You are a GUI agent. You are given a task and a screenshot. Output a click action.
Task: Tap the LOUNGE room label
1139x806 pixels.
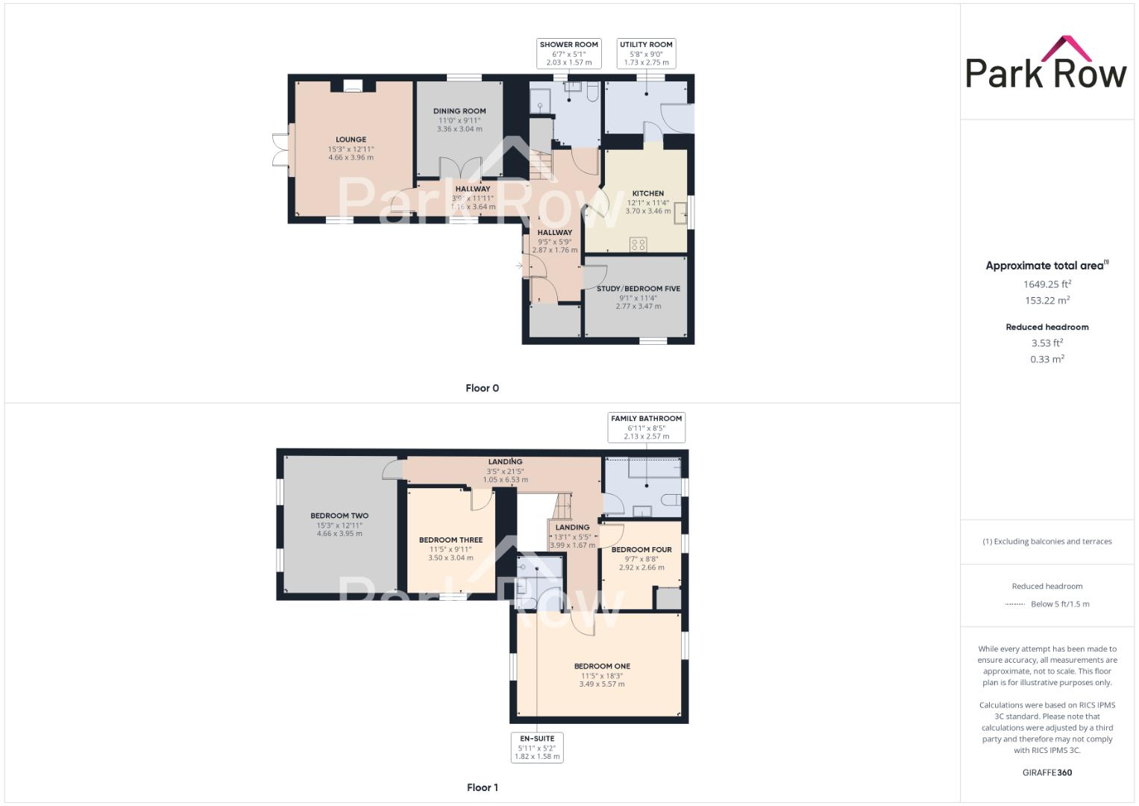pos(351,140)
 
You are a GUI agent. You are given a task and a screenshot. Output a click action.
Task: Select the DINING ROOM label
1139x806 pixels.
pos(459,111)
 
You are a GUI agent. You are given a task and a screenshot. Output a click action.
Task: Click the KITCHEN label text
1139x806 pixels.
pos(647,193)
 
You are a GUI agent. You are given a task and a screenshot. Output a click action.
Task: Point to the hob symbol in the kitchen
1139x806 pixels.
pos(638,243)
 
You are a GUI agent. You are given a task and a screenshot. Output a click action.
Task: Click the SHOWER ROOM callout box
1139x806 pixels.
pos(569,54)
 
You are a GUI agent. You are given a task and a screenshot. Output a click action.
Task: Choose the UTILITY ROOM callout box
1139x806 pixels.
pos(646,54)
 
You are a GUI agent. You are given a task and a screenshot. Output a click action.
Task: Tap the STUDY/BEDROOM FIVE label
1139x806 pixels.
pos(638,289)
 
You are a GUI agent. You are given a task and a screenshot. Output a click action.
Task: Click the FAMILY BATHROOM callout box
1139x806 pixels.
pos(646,428)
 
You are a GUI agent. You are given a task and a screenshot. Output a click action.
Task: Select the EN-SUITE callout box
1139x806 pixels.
pos(537,747)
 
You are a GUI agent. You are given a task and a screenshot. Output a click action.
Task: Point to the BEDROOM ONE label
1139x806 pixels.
pos(602,666)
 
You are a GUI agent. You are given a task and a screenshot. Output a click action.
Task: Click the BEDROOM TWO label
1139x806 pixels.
pos(339,516)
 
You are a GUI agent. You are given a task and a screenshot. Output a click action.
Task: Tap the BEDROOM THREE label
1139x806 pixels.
pos(451,540)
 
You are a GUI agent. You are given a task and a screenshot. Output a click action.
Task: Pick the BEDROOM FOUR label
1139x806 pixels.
pos(641,550)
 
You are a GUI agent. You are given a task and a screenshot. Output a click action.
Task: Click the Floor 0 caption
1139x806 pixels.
pos(482,388)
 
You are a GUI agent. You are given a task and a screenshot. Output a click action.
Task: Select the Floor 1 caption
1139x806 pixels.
pos(482,787)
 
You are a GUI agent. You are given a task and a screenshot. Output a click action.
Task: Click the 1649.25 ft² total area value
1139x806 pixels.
pos(1047,284)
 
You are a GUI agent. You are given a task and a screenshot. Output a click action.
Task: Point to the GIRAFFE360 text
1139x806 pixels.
pos(1047,772)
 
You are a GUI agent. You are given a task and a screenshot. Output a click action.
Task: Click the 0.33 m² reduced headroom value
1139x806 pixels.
pos(1047,359)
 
